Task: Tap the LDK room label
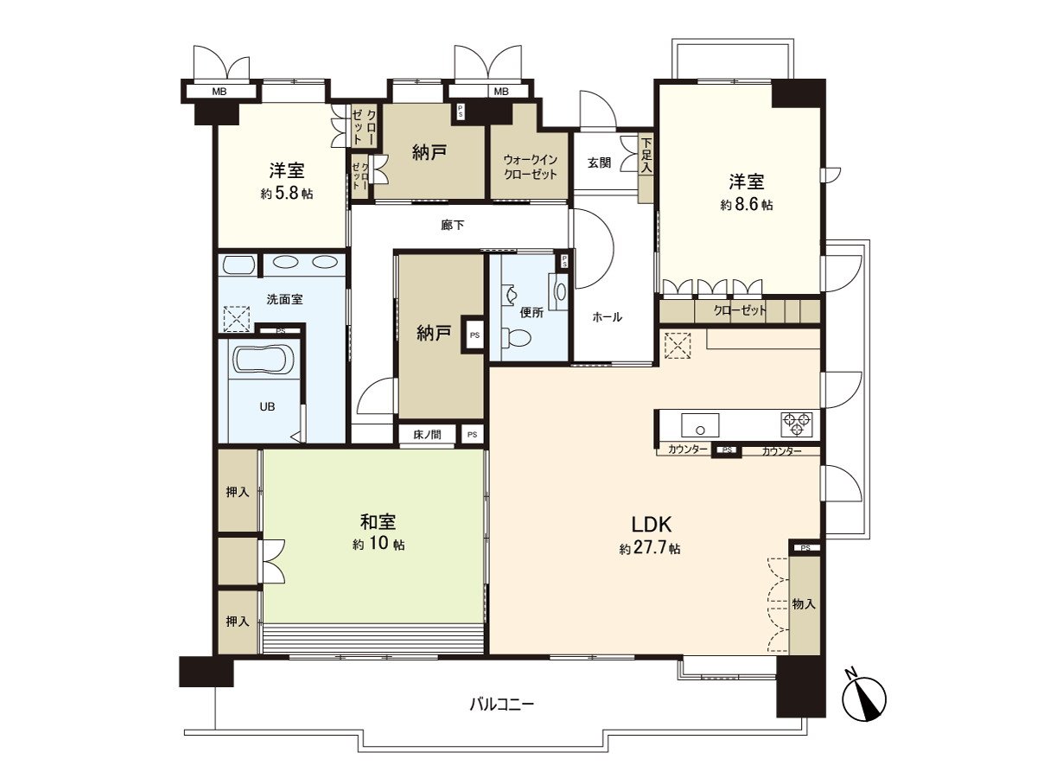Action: pos(651,524)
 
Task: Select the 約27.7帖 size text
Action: pos(650,549)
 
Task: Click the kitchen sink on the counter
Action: pos(699,424)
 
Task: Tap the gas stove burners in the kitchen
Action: pos(796,424)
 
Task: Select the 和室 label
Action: pos(378,522)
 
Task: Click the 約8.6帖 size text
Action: pos(747,205)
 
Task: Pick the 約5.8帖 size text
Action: pos(286,194)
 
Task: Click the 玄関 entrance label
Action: pos(600,162)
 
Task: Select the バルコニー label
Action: pos(501,704)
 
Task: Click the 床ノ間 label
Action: pos(427,434)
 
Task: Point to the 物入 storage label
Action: pos(804,604)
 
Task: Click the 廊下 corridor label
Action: pos(452,226)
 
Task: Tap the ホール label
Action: pos(607,317)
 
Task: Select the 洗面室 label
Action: pos(284,299)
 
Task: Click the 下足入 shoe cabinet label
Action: pos(646,156)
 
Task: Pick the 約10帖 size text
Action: pos(378,545)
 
